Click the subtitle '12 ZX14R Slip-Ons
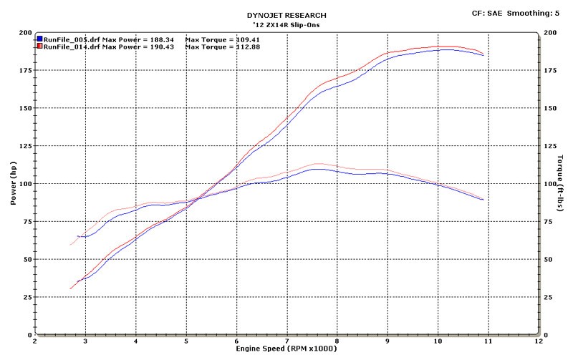click(286, 24)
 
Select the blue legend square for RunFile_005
click(39, 38)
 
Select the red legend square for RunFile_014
click(39, 46)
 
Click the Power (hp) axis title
click(12, 183)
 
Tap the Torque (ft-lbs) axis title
click(562, 183)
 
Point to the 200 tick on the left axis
click(25, 33)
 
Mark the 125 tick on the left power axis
click(25, 146)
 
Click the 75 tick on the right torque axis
click(549, 222)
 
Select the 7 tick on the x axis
click(286, 342)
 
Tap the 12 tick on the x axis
click(537, 342)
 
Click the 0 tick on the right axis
click(546, 334)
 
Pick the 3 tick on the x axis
click(85, 342)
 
